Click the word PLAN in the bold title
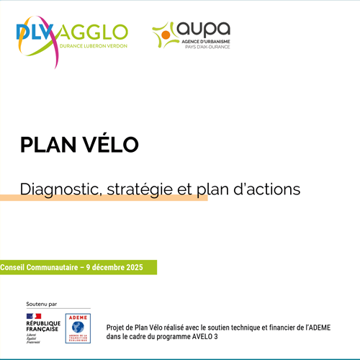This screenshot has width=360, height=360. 47,145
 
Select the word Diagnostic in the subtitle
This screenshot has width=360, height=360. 62,190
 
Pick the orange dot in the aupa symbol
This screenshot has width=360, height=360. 166,33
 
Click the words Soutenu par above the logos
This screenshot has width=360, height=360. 41,304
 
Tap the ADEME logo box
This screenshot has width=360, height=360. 78,328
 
